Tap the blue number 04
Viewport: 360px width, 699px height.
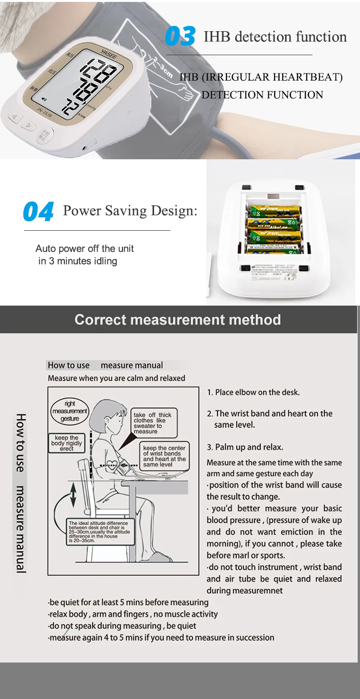[x=38, y=212]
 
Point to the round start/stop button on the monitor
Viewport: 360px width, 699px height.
[x=44, y=135]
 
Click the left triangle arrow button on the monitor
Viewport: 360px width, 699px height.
[x=15, y=118]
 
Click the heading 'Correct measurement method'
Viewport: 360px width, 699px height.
[x=178, y=320]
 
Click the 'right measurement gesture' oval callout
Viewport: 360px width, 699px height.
[x=70, y=411]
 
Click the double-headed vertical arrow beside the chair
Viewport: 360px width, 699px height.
[x=73, y=496]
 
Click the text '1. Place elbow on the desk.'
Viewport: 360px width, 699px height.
[x=253, y=392]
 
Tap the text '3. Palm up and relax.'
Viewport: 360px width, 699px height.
[x=245, y=447]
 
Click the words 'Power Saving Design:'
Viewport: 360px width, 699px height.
[x=130, y=211]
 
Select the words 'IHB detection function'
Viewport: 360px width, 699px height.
[x=275, y=37]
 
